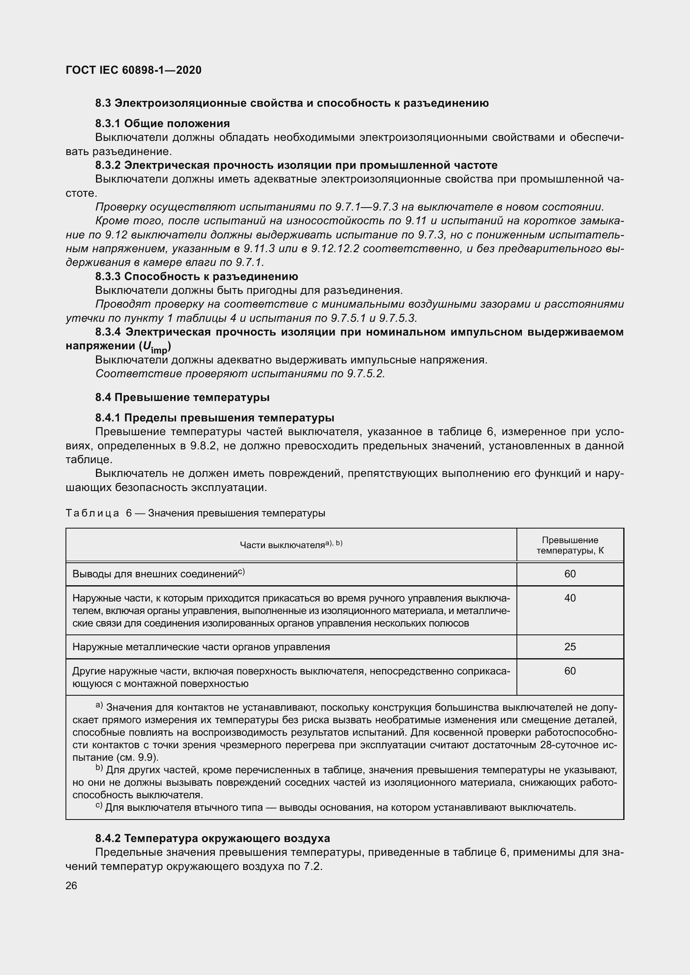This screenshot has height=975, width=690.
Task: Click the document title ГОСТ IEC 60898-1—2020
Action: pyautogui.click(x=133, y=70)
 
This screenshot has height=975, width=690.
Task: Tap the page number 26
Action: pyautogui.click(x=71, y=885)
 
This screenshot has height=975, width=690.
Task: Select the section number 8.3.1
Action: pyautogui.click(x=108, y=123)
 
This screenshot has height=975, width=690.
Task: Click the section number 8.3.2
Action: pyautogui.click(x=108, y=165)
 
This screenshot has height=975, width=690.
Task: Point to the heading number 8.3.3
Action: pyautogui.click(x=108, y=276)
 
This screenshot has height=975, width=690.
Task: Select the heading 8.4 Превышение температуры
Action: pyautogui.click(x=182, y=398)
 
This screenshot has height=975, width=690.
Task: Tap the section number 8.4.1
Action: pyautogui.click(x=108, y=418)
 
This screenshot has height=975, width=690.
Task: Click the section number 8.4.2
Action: pyautogui.click(x=108, y=838)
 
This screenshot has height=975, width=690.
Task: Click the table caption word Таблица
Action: pyautogui.click(x=92, y=513)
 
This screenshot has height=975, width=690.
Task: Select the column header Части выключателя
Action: pyautogui.click(x=282, y=545)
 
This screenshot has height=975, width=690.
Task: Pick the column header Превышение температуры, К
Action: pyautogui.click(x=570, y=545)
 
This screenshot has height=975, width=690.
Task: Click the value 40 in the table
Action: pyautogui.click(x=570, y=598)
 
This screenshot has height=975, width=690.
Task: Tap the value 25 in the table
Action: pyautogui.click(x=570, y=647)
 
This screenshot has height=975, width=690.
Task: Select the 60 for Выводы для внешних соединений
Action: pyautogui.click(x=570, y=574)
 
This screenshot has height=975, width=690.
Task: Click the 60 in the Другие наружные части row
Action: pyautogui.click(x=570, y=671)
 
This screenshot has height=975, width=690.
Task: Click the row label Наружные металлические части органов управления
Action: pyautogui.click(x=201, y=647)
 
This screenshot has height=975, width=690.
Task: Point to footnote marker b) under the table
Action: pyautogui.click(x=99, y=767)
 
